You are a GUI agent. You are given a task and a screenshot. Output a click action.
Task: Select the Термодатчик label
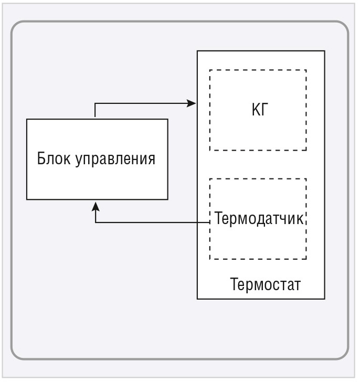259,219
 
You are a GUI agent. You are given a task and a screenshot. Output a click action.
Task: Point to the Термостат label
265,285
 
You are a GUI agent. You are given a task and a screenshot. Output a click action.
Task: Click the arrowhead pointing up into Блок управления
95,204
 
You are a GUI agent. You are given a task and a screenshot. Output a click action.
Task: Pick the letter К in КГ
254,110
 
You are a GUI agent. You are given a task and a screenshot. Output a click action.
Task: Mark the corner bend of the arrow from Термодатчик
95,222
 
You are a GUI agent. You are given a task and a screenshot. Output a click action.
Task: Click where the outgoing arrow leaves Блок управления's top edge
95,119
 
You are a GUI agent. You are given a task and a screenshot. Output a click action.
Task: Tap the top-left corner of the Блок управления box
27,119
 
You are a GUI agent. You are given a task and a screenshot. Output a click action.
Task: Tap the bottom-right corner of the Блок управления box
168,199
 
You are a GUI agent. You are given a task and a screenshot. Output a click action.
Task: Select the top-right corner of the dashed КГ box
306,70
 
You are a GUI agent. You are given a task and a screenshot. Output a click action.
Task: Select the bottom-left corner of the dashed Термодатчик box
210,259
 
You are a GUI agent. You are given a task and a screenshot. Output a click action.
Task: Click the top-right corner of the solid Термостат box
324,51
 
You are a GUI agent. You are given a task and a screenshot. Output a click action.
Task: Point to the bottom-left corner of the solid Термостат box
197,299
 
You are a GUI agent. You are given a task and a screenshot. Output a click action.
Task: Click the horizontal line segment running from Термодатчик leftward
152,222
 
